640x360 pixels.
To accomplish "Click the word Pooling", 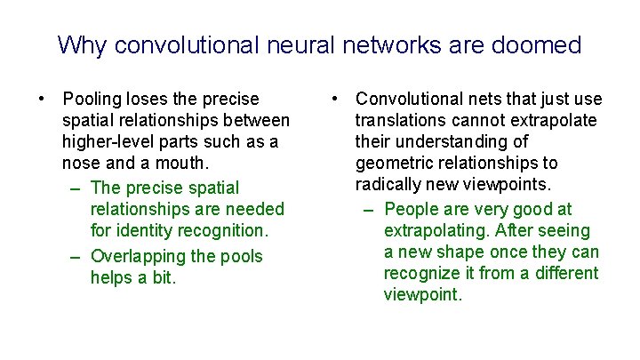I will pyautogui.click(x=94, y=99).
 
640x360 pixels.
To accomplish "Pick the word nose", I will pyautogui.click(x=81, y=164).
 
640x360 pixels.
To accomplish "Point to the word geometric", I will pyautogui.click(x=394, y=163).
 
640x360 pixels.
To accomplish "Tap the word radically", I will pyautogui.click(x=388, y=184).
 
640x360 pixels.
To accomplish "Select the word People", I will pyautogui.click(x=412, y=210).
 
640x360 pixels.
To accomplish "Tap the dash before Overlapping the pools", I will pyautogui.click(x=74, y=256).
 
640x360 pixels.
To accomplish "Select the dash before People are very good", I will pyautogui.click(x=367, y=210).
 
